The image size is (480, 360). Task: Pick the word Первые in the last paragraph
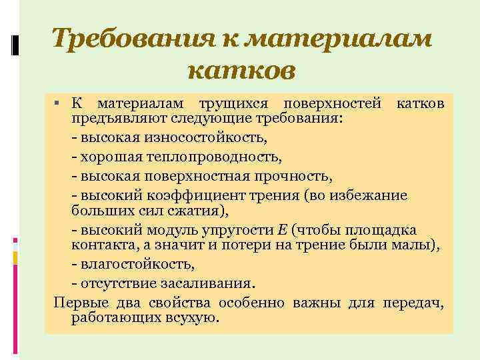pos(76,303)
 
